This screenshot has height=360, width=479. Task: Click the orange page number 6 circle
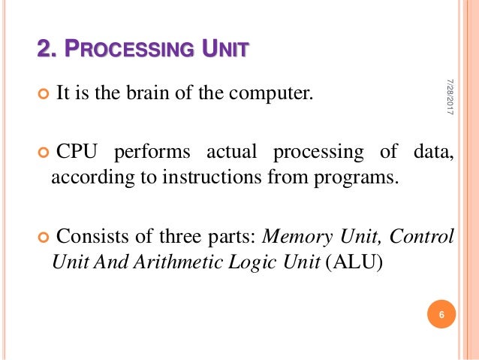point(441,314)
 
